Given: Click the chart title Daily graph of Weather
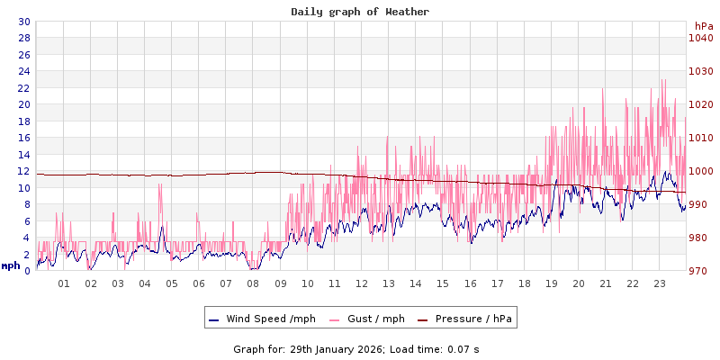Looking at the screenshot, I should pos(360,12).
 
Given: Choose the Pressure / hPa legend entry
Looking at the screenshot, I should pos(473,319).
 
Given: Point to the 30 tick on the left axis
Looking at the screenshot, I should pos(23,22).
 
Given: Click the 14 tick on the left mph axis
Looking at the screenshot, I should pos(23,155).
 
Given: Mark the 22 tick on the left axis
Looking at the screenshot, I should pos(23,88).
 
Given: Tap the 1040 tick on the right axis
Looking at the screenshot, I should pos(700,38).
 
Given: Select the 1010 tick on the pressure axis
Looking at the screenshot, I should pos(700,138).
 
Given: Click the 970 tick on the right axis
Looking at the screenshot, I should pos(700,271).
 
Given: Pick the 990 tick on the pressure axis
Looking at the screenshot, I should pos(700,204).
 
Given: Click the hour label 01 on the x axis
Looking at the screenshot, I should pos(64,283).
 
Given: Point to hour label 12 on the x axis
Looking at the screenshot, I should pos(362,283).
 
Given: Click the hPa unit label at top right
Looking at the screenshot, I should pos(703,25).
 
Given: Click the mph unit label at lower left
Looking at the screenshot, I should pos(11,265).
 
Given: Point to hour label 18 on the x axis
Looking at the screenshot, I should pos(524,283).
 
